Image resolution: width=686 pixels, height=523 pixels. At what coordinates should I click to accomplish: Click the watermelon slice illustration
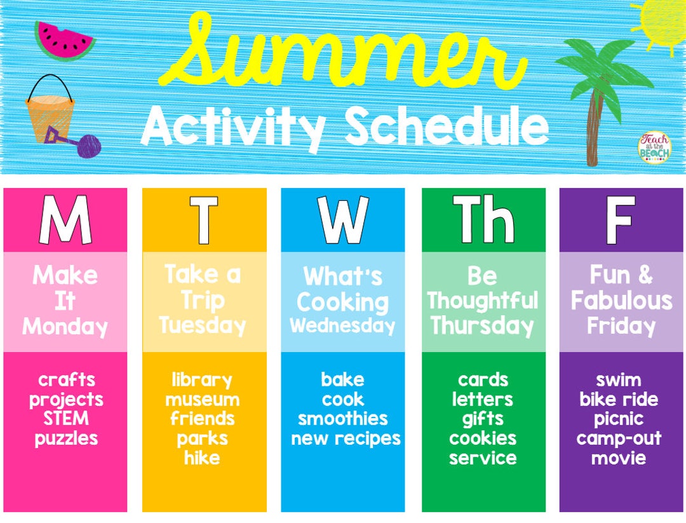[64, 41]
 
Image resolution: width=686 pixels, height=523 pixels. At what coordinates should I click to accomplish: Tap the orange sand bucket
[50, 118]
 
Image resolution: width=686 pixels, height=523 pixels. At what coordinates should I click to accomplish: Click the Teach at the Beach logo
[654, 147]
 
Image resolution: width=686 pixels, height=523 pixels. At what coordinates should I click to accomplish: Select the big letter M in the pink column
[65, 220]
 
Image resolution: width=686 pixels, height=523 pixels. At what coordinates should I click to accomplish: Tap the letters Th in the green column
[483, 220]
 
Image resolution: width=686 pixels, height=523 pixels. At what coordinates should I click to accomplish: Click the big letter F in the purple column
[620, 220]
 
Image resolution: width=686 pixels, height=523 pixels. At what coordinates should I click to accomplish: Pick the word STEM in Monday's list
[66, 419]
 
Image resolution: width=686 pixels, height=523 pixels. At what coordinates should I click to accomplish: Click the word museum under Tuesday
[203, 400]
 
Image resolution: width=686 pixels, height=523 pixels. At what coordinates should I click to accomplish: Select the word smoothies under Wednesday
[343, 419]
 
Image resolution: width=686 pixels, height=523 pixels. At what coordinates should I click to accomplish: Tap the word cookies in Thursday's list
[483, 438]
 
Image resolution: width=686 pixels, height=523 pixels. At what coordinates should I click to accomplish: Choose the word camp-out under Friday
[619, 438]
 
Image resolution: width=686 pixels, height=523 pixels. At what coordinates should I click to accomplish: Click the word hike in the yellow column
[202, 458]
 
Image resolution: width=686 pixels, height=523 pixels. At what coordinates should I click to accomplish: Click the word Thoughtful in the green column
[483, 301]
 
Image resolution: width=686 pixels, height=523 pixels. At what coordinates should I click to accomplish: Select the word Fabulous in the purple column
[621, 301]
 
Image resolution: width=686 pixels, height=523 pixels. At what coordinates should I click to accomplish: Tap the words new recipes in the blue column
[346, 438]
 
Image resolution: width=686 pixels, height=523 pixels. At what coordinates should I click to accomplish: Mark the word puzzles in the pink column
[66, 438]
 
